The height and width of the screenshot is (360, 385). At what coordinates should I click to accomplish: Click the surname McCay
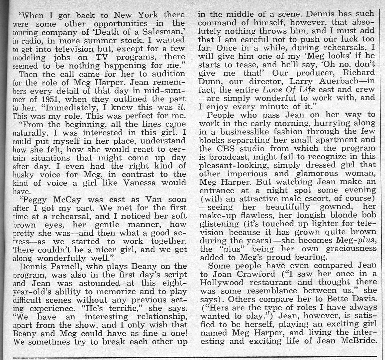pyautogui.click(x=66, y=200)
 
